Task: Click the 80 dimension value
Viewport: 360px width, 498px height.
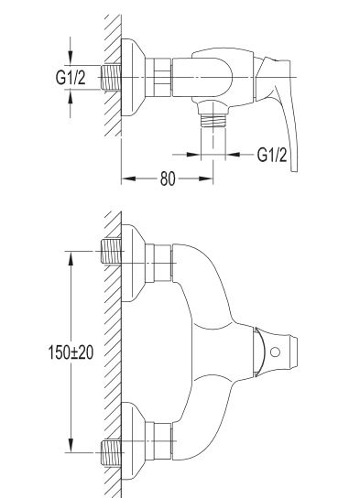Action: point(168,179)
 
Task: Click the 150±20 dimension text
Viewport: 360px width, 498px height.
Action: point(71,352)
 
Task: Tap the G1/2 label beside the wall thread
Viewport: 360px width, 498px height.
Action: point(71,77)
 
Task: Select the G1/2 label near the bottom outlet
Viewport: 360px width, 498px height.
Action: point(272,155)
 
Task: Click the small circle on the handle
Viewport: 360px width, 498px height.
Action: point(275,352)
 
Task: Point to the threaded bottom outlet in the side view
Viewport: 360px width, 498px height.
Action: point(213,121)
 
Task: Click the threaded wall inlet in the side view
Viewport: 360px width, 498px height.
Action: point(111,77)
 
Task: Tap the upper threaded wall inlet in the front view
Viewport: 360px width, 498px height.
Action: point(111,251)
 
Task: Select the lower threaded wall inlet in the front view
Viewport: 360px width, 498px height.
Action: point(111,452)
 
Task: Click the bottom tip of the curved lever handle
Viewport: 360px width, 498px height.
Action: point(295,171)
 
